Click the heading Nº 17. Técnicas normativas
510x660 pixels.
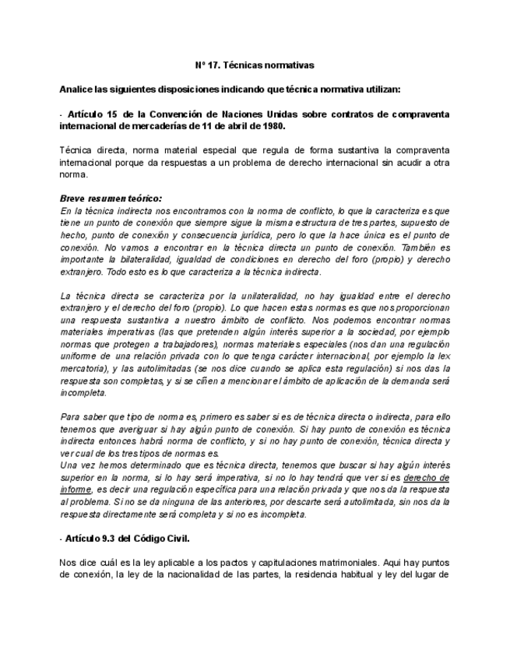pos(254,66)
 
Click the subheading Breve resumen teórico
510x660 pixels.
pos(111,198)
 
